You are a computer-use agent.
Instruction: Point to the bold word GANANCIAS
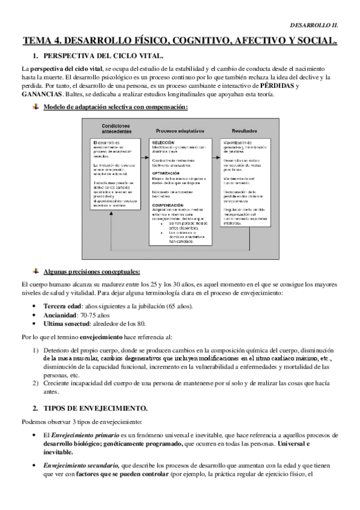coord(41,94)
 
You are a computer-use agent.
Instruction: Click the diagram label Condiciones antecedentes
coord(110,127)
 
